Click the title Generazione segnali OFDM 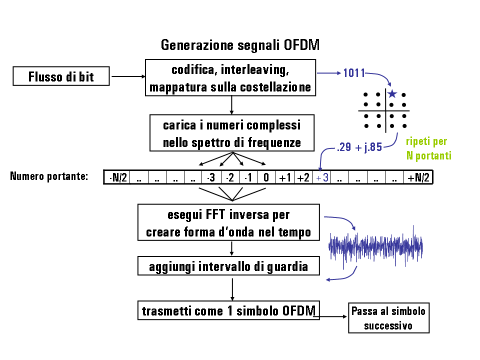[x=240, y=45]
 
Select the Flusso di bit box [x=61, y=77]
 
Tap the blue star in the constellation [x=392, y=94]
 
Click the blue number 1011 [x=353, y=73]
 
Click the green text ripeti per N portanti [x=428, y=148]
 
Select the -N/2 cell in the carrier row [x=117, y=177]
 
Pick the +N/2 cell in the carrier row [x=418, y=177]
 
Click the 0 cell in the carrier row [x=266, y=177]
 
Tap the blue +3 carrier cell [x=322, y=177]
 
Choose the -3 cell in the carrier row [x=211, y=177]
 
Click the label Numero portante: [x=49, y=176]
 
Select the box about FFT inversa [x=228, y=223]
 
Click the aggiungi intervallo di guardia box [x=228, y=266]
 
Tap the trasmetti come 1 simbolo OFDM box [x=228, y=310]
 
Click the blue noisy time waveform [x=375, y=246]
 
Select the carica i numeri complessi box [x=232, y=133]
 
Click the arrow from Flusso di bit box [x=127, y=77]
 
